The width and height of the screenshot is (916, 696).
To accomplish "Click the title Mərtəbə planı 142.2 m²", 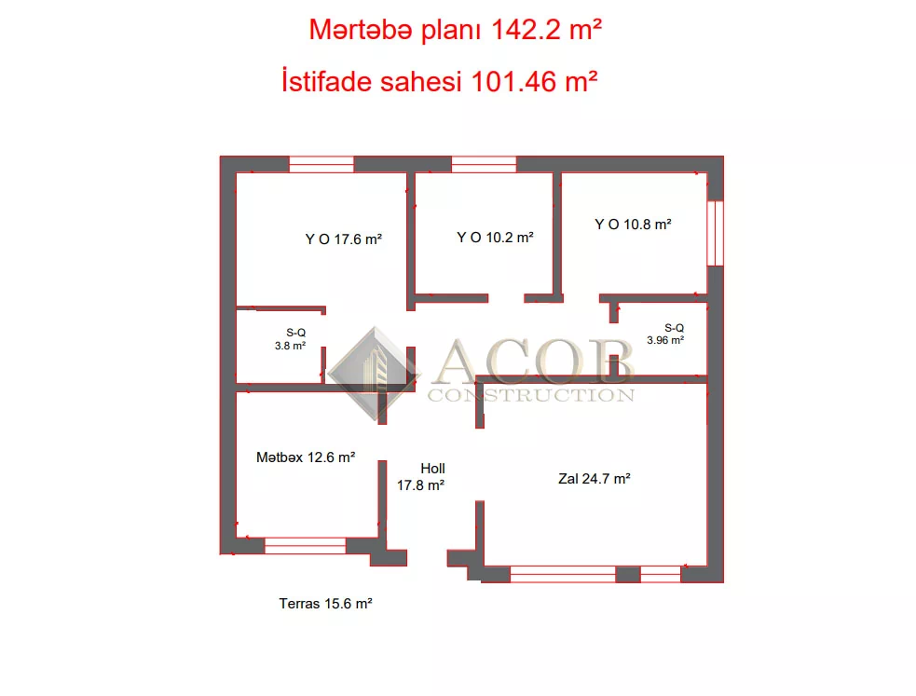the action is [x=455, y=31].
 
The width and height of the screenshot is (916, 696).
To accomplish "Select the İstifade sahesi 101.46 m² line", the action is [x=439, y=81].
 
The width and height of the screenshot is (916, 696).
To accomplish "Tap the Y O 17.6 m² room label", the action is [x=344, y=239].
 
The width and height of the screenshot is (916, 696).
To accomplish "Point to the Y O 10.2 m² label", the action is [x=495, y=238].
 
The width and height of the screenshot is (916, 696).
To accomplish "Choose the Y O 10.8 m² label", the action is [x=633, y=225].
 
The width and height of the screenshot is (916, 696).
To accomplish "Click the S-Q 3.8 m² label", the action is [x=291, y=339].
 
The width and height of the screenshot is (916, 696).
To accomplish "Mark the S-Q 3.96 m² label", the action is [x=665, y=334].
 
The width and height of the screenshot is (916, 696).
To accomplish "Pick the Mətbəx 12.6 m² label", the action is [x=306, y=457].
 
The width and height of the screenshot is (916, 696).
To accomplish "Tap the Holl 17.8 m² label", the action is [x=420, y=477].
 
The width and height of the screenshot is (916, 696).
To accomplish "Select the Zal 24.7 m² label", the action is [x=595, y=479].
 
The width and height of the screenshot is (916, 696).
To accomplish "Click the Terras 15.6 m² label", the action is [x=325, y=604].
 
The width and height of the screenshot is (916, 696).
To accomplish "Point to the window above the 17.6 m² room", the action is [x=321, y=164].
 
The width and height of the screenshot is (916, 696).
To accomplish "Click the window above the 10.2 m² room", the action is [x=485, y=164].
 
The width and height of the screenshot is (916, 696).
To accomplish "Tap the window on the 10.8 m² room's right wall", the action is [x=716, y=234].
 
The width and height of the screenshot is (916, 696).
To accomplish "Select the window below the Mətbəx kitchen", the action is [x=305, y=546].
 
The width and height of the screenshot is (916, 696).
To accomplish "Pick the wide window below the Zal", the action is [x=563, y=575].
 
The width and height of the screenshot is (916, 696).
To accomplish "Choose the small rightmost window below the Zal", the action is [x=661, y=575].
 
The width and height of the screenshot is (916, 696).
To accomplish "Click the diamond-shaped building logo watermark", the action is [x=374, y=374].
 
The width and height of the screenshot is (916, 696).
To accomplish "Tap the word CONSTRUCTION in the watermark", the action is [x=531, y=395].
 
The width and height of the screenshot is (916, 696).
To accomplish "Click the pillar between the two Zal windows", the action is [x=628, y=575].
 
